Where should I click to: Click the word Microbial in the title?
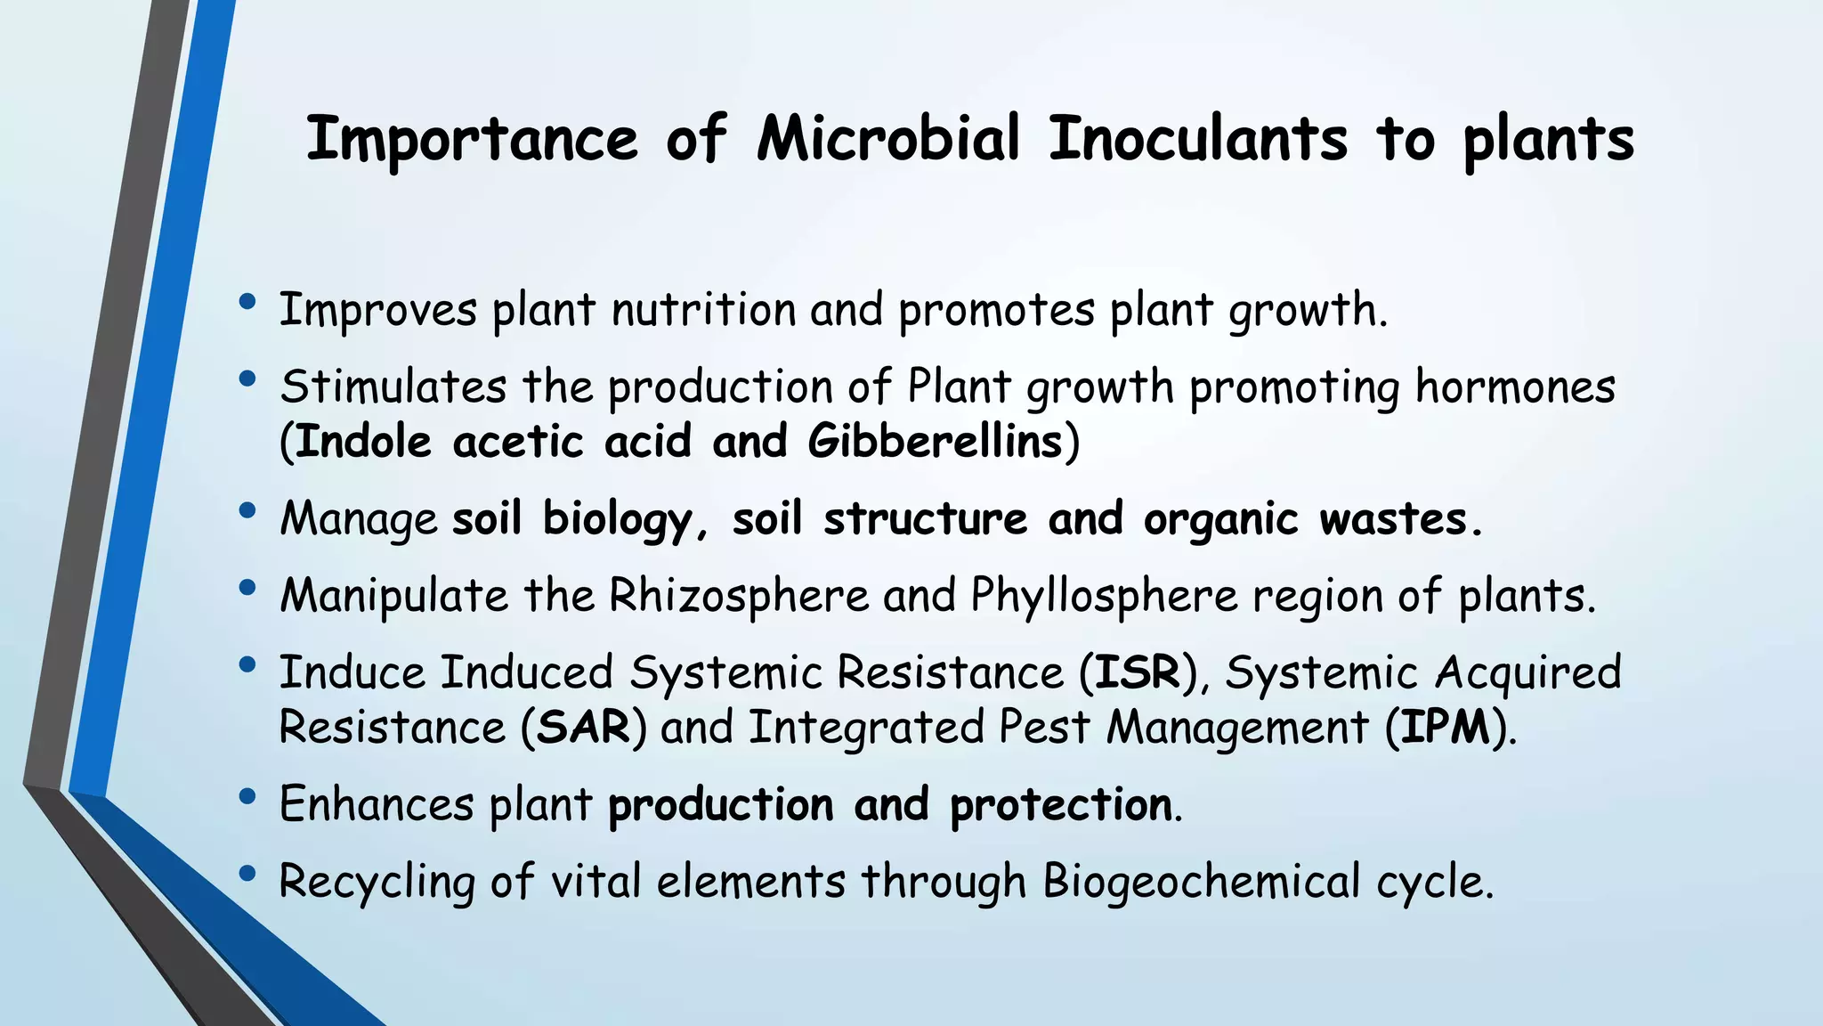(888, 140)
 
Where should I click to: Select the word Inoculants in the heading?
(1197, 140)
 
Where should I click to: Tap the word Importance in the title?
(472, 140)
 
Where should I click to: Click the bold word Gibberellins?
(936, 441)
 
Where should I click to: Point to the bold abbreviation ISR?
(1137, 672)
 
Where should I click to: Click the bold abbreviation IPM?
(1446, 727)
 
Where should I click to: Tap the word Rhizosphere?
(739, 594)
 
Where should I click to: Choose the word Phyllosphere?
(1105, 594)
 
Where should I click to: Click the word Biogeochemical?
(1202, 881)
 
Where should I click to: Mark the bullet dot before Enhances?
(247, 795)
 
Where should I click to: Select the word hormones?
(1515, 387)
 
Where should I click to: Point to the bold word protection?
(1061, 804)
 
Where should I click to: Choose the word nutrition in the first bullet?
(703, 310)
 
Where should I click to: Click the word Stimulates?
(393, 387)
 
